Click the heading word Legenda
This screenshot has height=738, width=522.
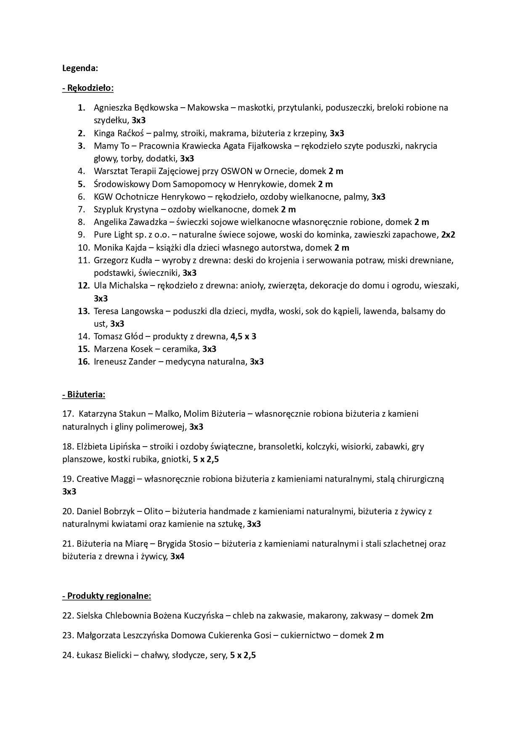click(x=80, y=68)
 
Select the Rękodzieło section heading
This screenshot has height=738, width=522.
click(x=88, y=88)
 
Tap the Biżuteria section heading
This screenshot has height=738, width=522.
click(x=84, y=394)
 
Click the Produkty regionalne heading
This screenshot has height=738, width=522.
click(x=106, y=596)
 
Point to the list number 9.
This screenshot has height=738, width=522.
click(x=82, y=235)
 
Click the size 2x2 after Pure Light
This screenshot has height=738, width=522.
click(x=448, y=235)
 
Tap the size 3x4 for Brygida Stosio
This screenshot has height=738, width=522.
click(x=177, y=557)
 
